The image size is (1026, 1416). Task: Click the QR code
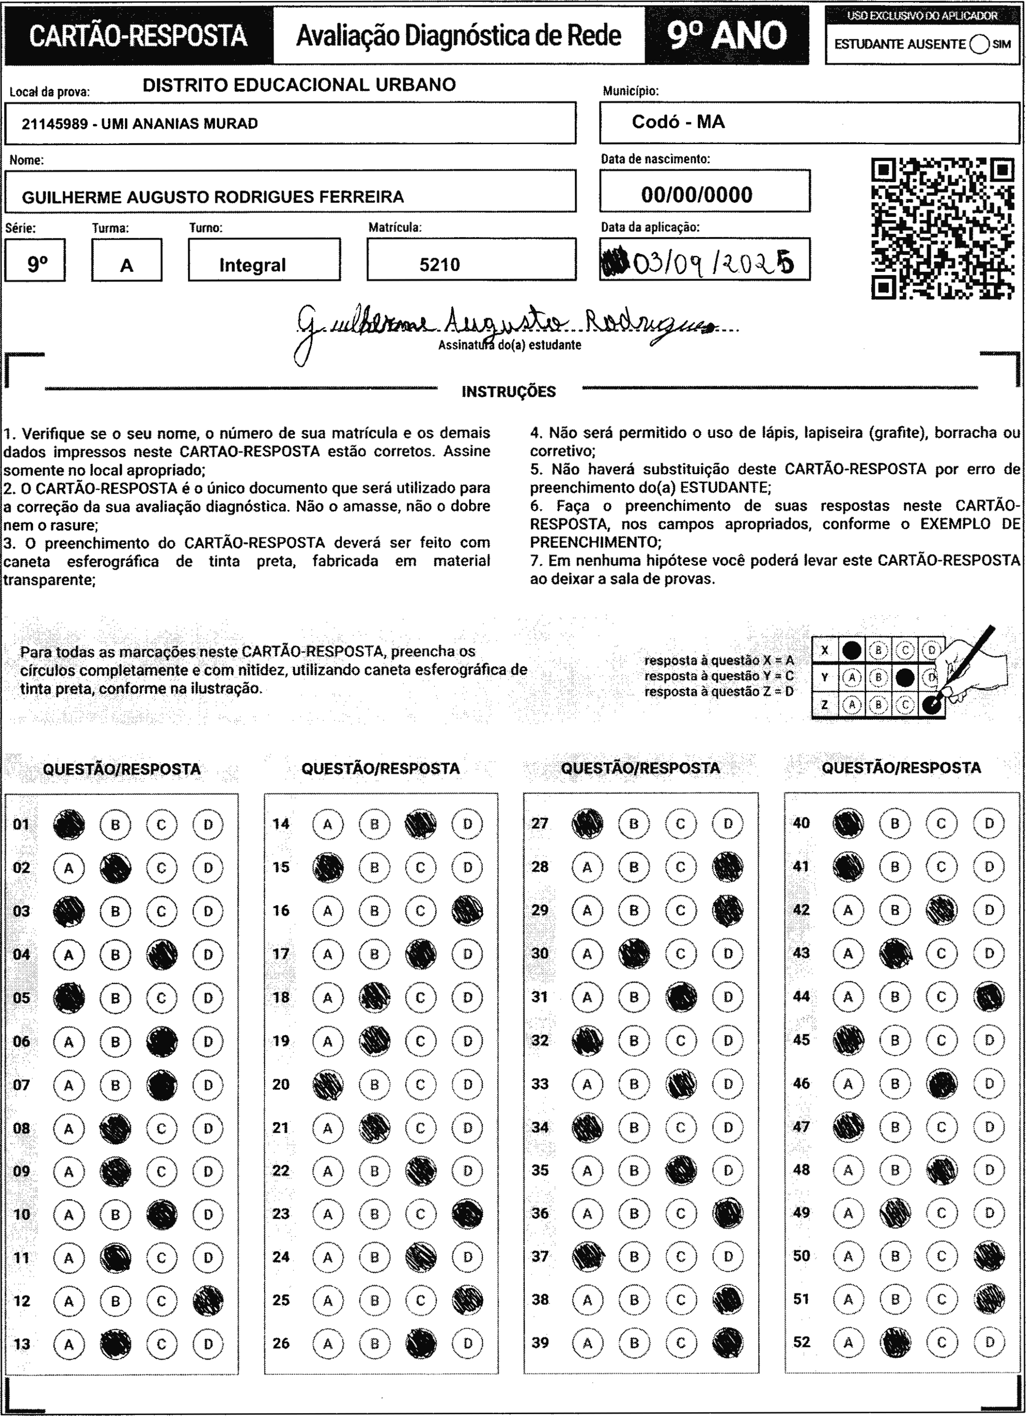tap(942, 228)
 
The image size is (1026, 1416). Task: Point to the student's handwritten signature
tap(500, 324)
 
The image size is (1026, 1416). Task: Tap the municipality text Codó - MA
tap(678, 122)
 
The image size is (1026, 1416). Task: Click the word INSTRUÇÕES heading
tap(508, 392)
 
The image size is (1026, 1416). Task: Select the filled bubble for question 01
tap(69, 825)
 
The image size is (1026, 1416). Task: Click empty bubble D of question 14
tap(467, 825)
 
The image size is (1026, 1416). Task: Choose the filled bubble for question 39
tap(728, 1343)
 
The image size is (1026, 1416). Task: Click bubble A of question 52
tap(848, 1342)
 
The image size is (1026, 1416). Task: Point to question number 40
tap(801, 823)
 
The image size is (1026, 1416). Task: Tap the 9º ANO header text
tap(727, 36)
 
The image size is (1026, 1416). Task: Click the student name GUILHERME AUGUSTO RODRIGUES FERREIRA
tap(212, 197)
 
